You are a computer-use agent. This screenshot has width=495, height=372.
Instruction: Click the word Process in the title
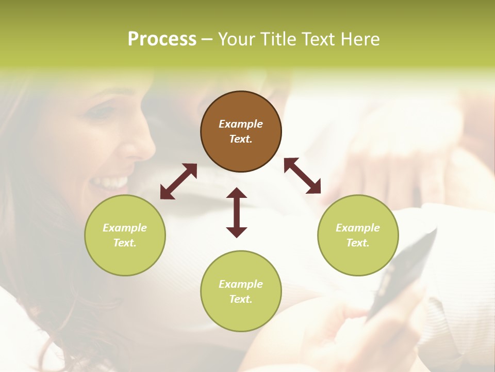(162, 39)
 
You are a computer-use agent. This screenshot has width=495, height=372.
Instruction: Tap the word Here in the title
(360, 39)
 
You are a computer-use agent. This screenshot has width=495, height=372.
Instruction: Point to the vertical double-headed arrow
(237, 212)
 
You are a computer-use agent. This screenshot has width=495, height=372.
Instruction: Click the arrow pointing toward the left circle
(178, 181)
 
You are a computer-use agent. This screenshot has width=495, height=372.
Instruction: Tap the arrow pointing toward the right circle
(302, 176)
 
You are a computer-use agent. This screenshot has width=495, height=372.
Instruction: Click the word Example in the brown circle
(241, 124)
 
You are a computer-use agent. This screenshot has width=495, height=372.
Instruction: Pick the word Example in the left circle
(125, 228)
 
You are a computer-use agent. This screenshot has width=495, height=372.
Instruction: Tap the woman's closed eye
(103, 111)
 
